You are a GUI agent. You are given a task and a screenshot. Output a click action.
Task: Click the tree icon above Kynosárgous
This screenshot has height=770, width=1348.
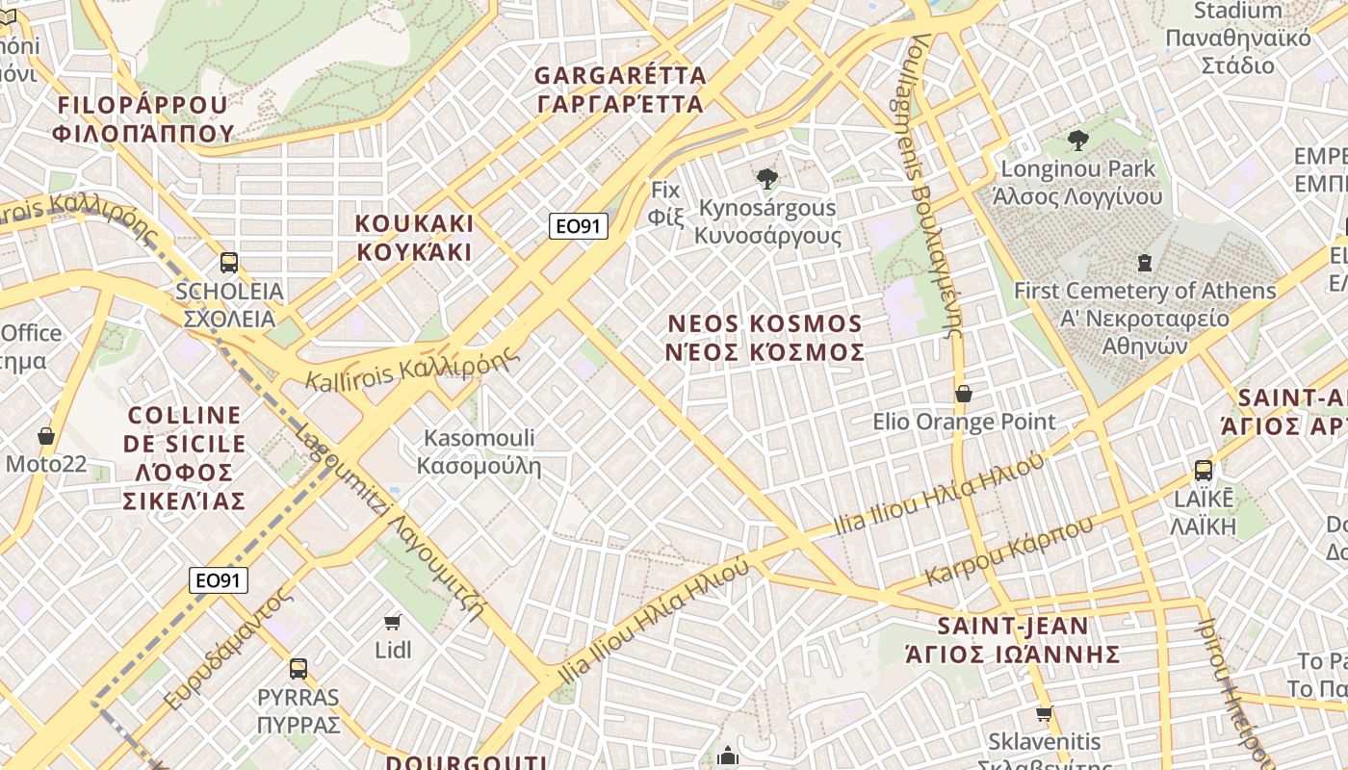point(767,178)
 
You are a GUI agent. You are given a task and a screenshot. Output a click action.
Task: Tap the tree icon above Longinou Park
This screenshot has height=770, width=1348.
point(1078,141)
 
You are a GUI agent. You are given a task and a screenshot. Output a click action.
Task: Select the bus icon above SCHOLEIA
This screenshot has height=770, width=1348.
point(229,262)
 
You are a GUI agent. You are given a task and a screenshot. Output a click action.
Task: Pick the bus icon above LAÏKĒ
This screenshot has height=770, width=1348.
point(1204,471)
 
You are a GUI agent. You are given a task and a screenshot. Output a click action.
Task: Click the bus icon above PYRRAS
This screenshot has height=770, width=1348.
point(298,668)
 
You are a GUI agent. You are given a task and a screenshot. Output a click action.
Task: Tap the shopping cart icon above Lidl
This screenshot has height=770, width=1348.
point(392,622)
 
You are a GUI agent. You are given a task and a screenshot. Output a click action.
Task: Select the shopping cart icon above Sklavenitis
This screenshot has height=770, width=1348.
point(1044,714)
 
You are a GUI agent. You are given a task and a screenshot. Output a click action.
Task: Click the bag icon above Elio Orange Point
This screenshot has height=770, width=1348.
point(964,394)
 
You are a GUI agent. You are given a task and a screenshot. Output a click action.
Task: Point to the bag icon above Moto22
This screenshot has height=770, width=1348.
point(46,436)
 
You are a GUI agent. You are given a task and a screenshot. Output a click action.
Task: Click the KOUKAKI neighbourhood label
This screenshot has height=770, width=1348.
point(414,238)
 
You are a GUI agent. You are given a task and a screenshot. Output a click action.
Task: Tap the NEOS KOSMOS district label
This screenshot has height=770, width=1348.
point(765,337)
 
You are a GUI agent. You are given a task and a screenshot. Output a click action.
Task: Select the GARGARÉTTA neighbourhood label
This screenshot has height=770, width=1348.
point(620,89)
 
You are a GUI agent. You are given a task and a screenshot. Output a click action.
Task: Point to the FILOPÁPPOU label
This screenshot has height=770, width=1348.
point(143,118)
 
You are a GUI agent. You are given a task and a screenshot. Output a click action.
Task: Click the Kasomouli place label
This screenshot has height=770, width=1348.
point(480,452)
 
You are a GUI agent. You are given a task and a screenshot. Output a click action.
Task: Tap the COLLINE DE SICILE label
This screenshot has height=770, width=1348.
point(185,457)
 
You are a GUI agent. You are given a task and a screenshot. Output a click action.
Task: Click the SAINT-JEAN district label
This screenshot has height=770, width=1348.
point(1013,640)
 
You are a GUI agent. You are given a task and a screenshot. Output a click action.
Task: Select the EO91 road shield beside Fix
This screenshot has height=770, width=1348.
point(580,226)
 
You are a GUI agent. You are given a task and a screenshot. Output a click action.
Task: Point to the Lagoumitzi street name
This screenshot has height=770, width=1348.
point(390,521)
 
